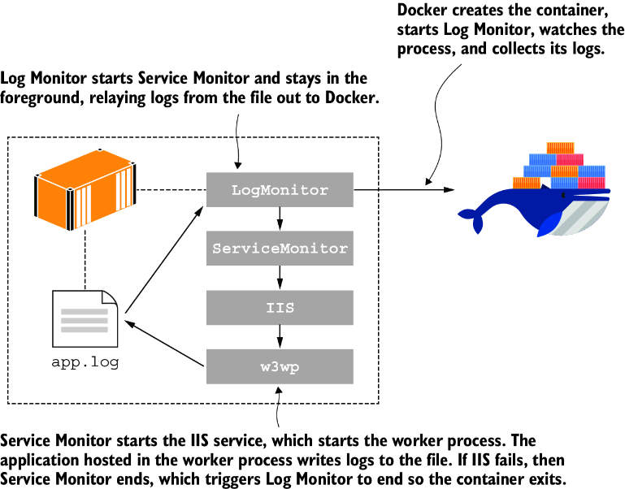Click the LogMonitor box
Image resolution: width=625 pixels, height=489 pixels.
[x=280, y=190]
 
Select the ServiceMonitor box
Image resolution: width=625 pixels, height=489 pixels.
[x=280, y=249]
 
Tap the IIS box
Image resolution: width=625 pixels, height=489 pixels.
[x=280, y=307]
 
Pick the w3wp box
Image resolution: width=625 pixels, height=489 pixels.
[x=280, y=366]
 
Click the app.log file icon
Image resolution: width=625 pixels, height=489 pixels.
[x=85, y=319]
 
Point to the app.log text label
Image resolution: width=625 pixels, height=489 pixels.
[x=85, y=362]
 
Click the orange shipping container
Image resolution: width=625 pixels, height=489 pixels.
[x=85, y=190]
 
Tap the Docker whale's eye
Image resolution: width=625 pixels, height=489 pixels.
[x=563, y=195]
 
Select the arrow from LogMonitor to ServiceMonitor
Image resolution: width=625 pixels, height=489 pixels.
[x=280, y=219]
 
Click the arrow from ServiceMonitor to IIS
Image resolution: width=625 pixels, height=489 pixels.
[x=280, y=277]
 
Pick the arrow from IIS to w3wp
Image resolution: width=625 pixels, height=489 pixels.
[x=280, y=337]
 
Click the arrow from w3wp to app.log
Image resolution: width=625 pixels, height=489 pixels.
[x=164, y=343]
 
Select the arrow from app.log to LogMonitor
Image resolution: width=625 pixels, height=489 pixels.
[x=164, y=260]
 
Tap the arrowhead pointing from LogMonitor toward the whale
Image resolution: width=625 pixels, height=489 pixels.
[x=449, y=190]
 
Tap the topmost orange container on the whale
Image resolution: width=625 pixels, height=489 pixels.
[x=561, y=148]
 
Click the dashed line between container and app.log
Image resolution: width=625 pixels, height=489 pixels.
[x=85, y=260]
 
